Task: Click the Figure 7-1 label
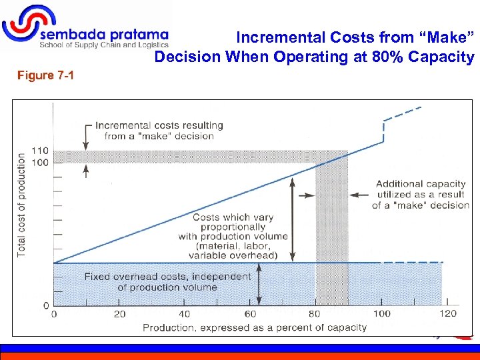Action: point(46,75)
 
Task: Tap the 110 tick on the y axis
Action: point(41,151)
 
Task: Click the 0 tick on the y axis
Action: point(46,305)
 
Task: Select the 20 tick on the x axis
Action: point(119,314)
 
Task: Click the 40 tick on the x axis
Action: point(185,314)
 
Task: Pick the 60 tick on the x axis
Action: point(250,314)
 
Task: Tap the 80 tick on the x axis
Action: point(315,314)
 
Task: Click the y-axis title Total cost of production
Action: point(22,205)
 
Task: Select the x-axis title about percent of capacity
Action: point(254,327)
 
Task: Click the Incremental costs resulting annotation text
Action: point(159,131)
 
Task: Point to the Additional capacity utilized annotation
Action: point(420,194)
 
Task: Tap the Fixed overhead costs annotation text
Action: point(167,282)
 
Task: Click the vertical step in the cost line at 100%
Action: point(384,131)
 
